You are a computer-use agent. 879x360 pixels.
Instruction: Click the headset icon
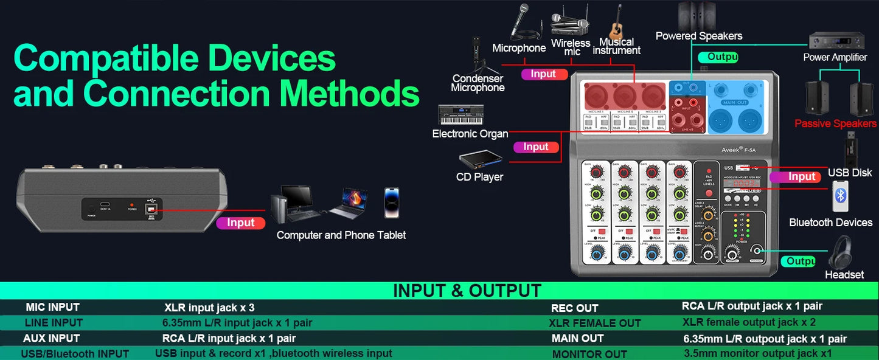pyautogui.click(x=840, y=252)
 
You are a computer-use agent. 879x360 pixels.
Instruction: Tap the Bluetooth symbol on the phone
pyautogui.click(x=840, y=195)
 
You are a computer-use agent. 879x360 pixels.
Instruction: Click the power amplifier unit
pyautogui.click(x=836, y=41)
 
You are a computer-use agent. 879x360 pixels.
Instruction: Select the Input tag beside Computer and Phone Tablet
pyautogui.click(x=240, y=223)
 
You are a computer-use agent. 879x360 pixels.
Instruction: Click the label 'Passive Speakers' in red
pyautogui.click(x=835, y=124)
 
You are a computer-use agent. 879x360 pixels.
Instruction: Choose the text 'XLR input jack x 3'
pyautogui.click(x=209, y=308)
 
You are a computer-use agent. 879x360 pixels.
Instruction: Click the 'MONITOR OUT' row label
pyautogui.click(x=589, y=354)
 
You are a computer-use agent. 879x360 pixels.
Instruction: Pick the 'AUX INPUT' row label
pyautogui.click(x=52, y=338)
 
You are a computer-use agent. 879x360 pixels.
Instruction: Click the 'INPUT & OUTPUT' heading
pyautogui.click(x=467, y=291)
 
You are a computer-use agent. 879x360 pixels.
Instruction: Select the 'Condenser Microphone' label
pyautogui.click(x=478, y=83)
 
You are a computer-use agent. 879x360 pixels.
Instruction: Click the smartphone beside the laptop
pyautogui.click(x=392, y=202)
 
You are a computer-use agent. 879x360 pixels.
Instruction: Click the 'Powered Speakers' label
pyautogui.click(x=699, y=36)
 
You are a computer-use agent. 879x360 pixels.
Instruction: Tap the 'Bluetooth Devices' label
pyautogui.click(x=830, y=223)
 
